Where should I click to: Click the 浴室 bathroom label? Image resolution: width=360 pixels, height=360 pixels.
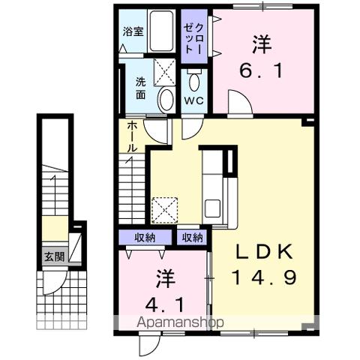[133, 32]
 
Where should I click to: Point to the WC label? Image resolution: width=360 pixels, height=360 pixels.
[193, 100]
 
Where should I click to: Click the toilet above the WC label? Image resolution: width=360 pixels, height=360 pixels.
[194, 80]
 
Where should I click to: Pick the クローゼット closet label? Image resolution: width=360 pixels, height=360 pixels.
[194, 33]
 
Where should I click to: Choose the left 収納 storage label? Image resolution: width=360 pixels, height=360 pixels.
[145, 238]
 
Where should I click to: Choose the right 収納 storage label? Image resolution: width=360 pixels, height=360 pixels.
[192, 238]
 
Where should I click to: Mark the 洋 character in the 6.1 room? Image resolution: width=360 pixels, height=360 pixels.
[262, 45]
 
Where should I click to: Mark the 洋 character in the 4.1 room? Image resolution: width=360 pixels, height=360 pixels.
[164, 279]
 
